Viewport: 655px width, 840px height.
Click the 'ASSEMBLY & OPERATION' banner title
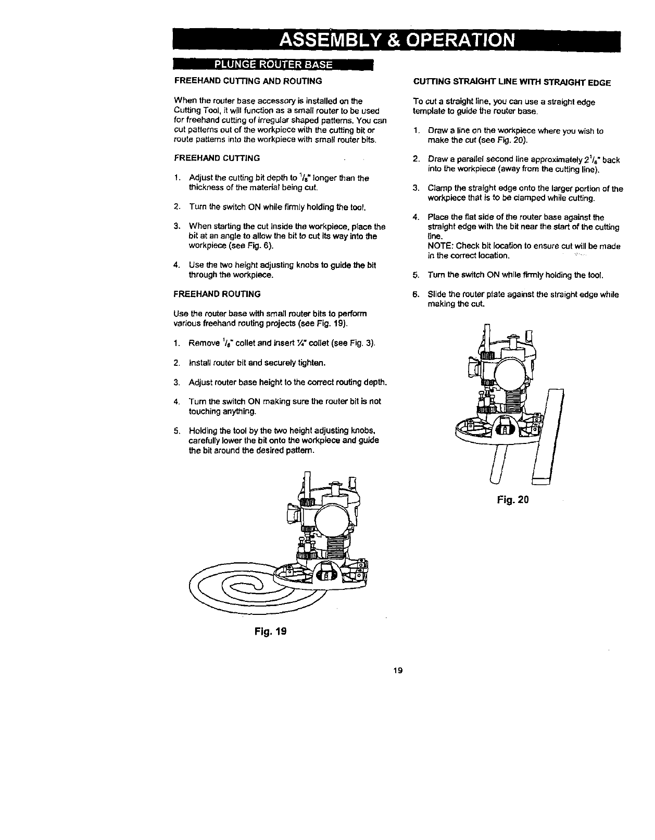tap(397, 41)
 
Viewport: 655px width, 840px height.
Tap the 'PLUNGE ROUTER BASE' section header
tap(273, 65)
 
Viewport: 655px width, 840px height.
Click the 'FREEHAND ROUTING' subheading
tap(217, 294)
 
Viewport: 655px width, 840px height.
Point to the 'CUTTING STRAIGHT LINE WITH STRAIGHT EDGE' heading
tap(511, 82)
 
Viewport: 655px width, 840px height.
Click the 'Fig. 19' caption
tap(268, 631)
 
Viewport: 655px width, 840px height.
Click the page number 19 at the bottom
tap(398, 670)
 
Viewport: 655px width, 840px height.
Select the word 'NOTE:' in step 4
tap(440, 246)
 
